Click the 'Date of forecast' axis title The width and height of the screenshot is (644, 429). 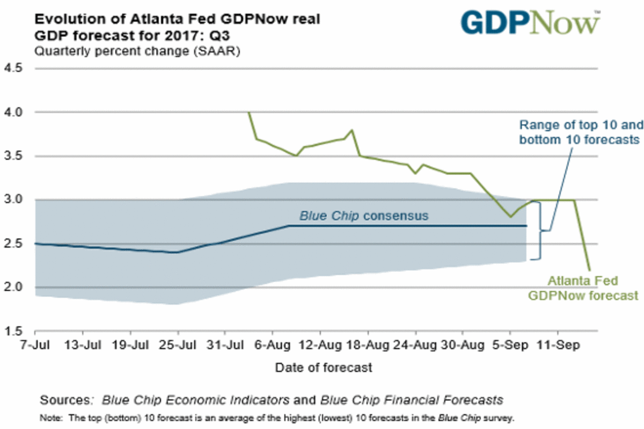tap(323, 368)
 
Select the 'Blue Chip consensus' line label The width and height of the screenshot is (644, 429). tap(364, 216)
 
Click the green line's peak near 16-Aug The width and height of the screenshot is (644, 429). tap(352, 130)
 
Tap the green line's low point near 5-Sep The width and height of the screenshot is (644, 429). tap(510, 217)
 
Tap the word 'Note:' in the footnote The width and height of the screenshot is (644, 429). tap(51, 417)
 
